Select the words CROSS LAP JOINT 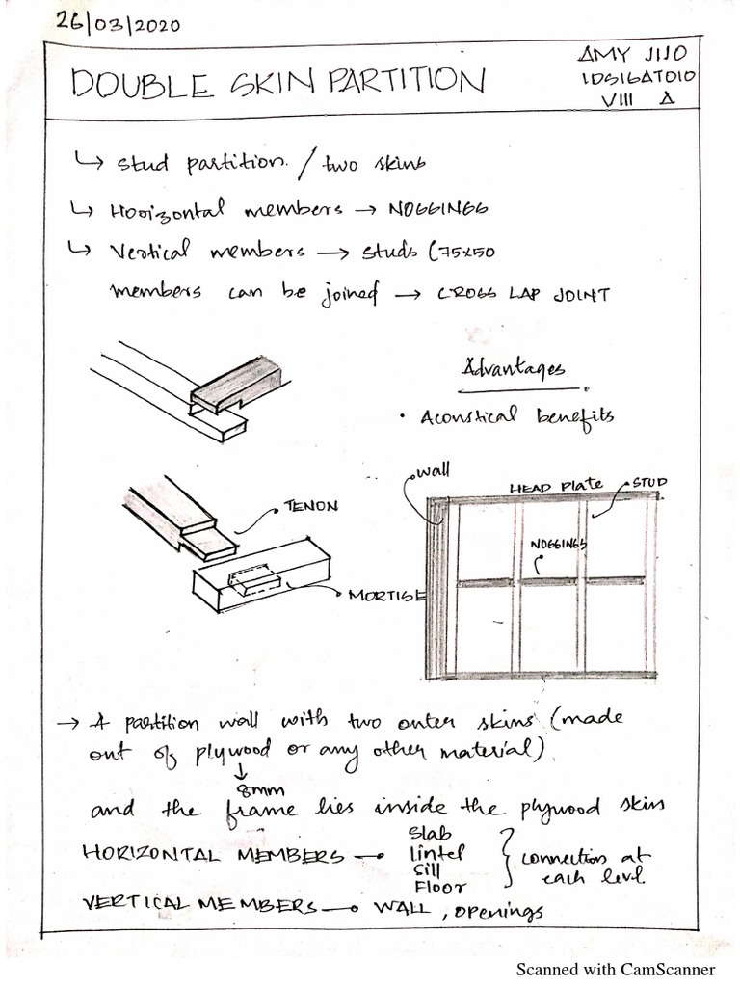coord(523,295)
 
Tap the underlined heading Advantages coord(515,369)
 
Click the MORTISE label coord(386,595)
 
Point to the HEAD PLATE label coord(556,487)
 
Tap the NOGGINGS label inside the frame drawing coord(559,546)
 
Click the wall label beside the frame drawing coord(433,471)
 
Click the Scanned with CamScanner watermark coord(615,969)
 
